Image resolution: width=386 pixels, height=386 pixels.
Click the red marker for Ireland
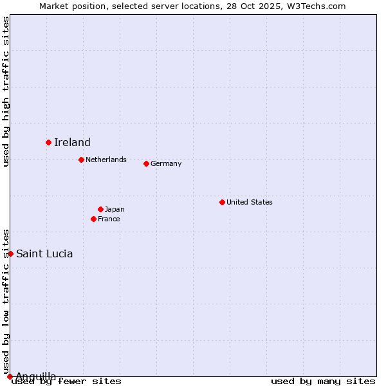48,142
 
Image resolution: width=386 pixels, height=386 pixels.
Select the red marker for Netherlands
81,160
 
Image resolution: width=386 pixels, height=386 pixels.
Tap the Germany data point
146,163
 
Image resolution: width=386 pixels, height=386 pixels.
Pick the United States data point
222,202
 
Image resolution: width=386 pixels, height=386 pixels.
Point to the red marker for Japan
100,209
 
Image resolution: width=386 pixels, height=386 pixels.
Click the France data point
93,219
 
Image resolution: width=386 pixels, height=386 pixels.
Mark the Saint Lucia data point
10,253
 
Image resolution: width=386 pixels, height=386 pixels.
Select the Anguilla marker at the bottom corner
10,376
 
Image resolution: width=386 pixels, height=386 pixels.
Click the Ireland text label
72,142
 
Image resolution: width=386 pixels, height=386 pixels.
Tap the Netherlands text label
106,160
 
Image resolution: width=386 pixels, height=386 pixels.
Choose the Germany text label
166,163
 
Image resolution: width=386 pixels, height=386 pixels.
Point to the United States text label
250,202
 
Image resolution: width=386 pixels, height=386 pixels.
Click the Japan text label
115,209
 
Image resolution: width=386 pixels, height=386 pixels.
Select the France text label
109,219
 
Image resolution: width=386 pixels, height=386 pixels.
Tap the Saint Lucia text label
44,253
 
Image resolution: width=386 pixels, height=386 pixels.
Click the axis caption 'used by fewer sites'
66,381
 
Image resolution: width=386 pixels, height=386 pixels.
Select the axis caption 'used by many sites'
323,381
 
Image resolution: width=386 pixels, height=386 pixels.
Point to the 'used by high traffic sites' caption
6,91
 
